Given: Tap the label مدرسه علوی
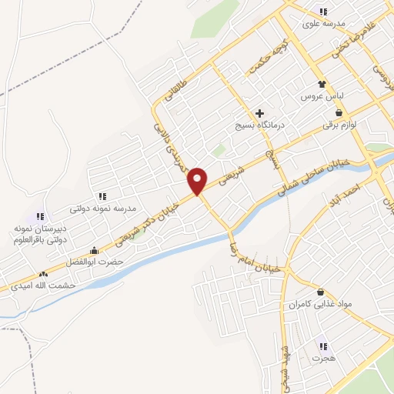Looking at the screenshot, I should point(322,25).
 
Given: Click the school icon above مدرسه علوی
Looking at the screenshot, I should point(322,12).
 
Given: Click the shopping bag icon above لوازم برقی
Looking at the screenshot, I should point(339,112).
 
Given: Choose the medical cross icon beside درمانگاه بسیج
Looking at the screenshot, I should point(259,113).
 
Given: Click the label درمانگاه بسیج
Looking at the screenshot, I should point(259,125).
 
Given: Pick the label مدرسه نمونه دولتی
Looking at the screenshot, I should point(102,208).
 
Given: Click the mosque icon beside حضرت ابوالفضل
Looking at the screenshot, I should point(94,250).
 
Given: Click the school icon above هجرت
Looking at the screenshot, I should point(323,346).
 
